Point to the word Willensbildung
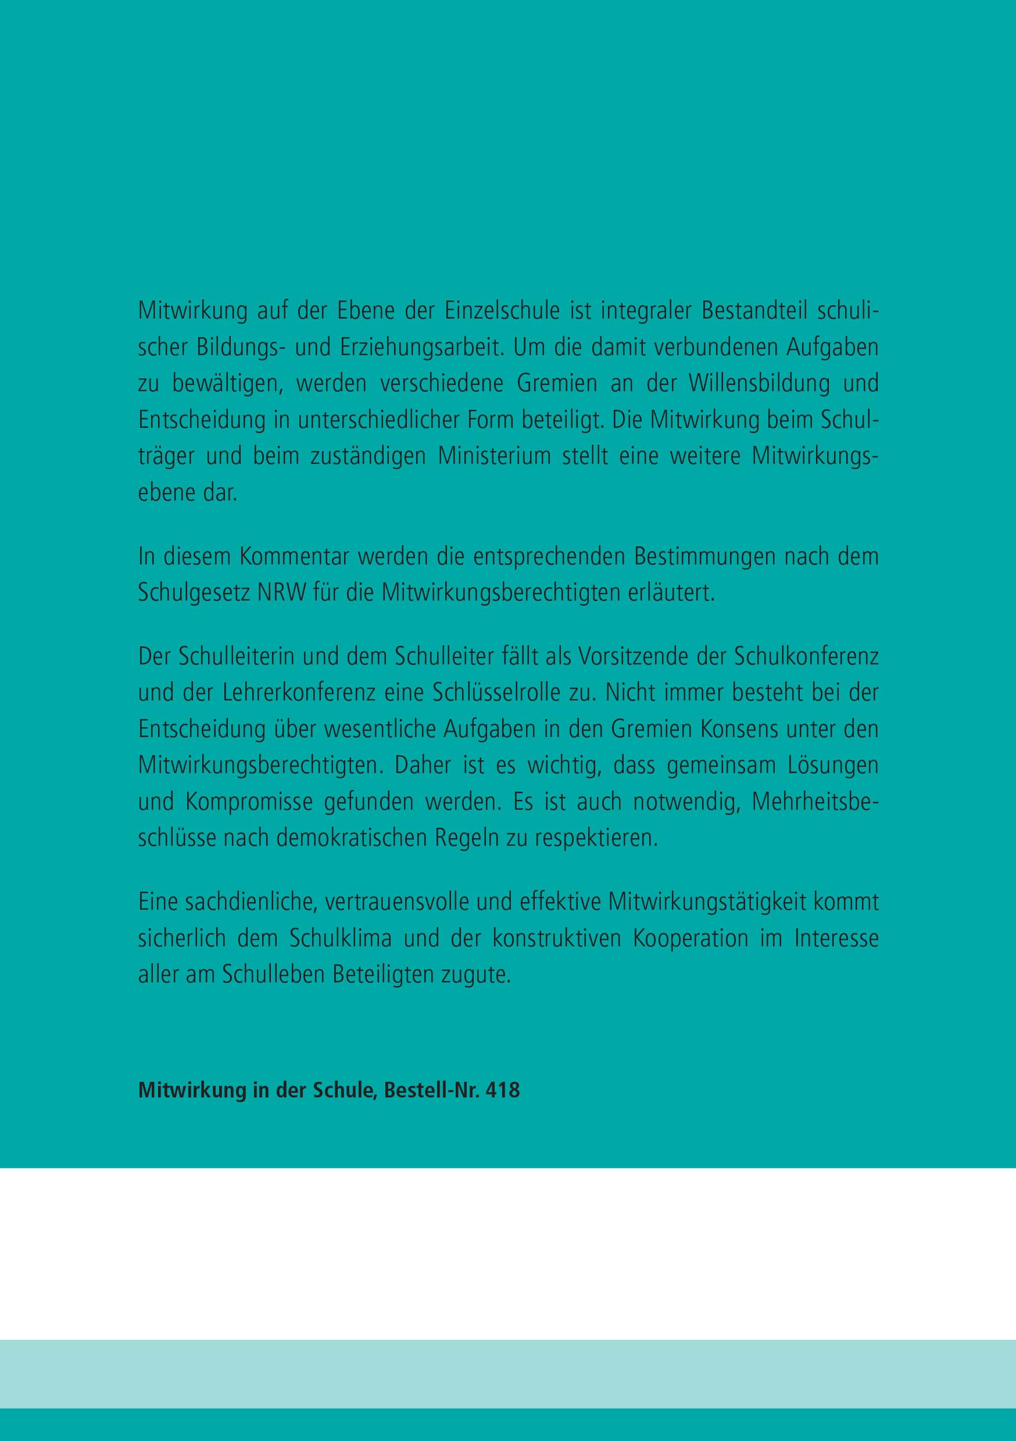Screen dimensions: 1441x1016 coord(759,384)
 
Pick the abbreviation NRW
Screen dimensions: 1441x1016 coord(282,593)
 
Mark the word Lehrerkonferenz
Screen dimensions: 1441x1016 coord(299,693)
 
